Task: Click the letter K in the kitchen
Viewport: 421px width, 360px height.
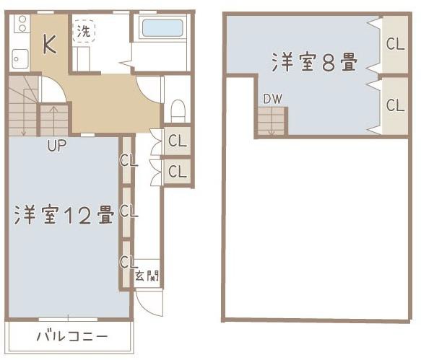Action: pos(49,45)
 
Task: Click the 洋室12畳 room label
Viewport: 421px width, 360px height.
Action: pos(64,215)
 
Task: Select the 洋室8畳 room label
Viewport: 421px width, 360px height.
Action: pos(315,63)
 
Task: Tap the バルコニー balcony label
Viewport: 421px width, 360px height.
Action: pos(71,337)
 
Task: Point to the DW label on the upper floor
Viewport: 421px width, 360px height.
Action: pos(272,99)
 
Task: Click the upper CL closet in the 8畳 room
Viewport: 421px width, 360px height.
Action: pos(395,43)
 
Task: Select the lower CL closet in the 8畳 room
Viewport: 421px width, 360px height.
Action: pos(395,105)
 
